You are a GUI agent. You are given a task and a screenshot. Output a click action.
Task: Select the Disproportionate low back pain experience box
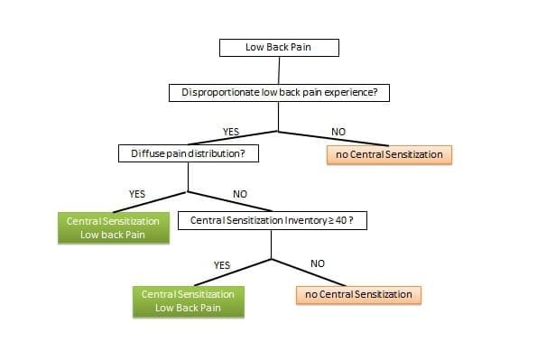tap(278, 92)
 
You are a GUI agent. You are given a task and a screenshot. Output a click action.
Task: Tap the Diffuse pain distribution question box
tap(189, 154)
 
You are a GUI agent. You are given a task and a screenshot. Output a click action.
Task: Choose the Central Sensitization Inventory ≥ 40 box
tap(272, 220)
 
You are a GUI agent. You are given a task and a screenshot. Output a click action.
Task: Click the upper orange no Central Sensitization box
tap(389, 154)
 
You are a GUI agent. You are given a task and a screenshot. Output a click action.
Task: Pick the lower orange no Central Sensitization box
tap(358, 294)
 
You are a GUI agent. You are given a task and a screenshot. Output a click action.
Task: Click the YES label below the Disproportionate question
tap(230, 132)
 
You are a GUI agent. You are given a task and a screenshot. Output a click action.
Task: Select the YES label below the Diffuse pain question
tap(137, 193)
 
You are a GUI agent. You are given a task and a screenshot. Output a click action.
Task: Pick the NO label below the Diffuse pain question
tap(240, 193)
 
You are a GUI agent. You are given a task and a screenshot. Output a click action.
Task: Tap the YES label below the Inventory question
tap(222, 264)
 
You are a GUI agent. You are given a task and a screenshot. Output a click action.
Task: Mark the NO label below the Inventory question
tap(317, 263)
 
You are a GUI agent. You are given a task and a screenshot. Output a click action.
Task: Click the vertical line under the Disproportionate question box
tap(278, 116)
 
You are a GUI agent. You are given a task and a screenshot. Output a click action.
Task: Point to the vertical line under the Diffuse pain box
tap(188, 178)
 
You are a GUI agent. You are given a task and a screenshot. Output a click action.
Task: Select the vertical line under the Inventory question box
tap(272, 244)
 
